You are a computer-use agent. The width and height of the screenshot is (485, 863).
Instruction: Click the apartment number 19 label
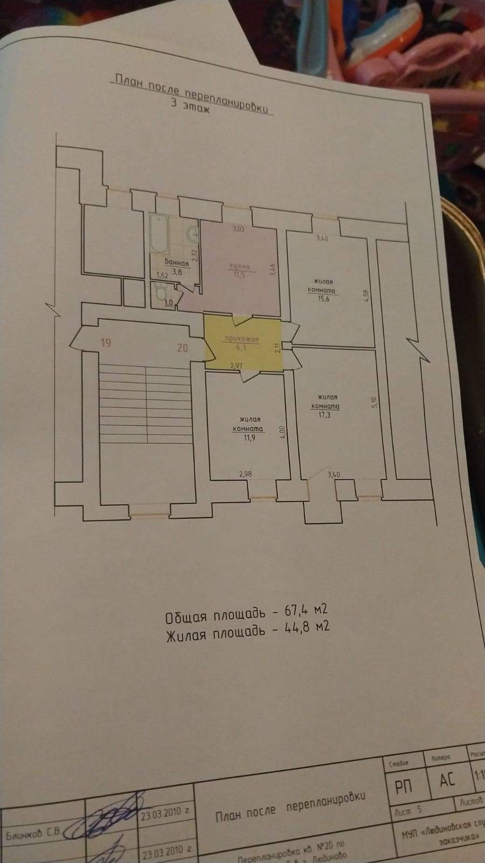(x=106, y=343)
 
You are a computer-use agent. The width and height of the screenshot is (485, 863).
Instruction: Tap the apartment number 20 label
(x=183, y=348)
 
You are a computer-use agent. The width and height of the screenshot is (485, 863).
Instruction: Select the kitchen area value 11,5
(x=236, y=276)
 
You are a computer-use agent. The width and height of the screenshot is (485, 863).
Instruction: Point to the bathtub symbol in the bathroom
(x=159, y=233)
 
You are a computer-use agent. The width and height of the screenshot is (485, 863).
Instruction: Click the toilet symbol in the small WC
(x=160, y=294)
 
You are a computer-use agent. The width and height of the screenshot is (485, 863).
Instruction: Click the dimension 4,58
(x=366, y=298)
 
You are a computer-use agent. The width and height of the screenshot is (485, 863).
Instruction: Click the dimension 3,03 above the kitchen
(x=238, y=229)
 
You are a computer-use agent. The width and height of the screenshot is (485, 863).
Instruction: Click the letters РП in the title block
(x=404, y=786)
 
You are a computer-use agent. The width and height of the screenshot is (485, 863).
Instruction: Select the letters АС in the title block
(x=447, y=779)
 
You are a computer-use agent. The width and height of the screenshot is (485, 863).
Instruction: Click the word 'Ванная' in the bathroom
(x=177, y=263)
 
